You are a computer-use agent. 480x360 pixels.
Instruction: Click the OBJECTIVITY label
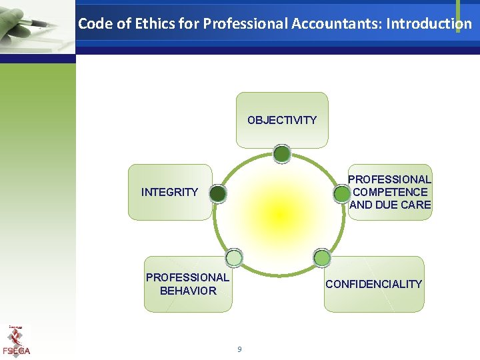(x=282, y=120)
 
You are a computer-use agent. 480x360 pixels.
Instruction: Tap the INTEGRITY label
(x=169, y=192)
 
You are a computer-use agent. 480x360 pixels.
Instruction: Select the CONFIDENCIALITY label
(x=373, y=284)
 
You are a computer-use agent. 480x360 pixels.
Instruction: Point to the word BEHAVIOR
(x=188, y=291)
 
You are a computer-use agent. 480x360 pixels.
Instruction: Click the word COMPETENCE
(x=390, y=192)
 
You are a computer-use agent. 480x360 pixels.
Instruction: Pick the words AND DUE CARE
(x=390, y=205)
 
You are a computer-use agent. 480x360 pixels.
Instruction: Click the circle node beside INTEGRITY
(x=217, y=193)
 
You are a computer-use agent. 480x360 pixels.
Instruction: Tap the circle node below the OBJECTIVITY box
(x=281, y=154)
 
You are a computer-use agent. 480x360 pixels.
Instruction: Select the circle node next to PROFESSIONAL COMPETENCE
(x=341, y=193)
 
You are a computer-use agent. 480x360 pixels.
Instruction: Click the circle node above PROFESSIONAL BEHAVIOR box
(x=234, y=257)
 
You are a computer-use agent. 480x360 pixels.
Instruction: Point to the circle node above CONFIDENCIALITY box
(x=322, y=257)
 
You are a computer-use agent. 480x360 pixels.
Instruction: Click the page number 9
(x=239, y=349)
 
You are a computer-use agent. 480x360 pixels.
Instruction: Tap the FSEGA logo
(x=16, y=341)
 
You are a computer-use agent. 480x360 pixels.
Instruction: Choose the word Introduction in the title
(x=429, y=24)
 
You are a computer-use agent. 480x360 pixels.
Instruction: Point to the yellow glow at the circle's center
(x=279, y=213)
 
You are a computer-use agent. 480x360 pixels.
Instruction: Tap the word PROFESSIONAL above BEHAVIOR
(x=187, y=277)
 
